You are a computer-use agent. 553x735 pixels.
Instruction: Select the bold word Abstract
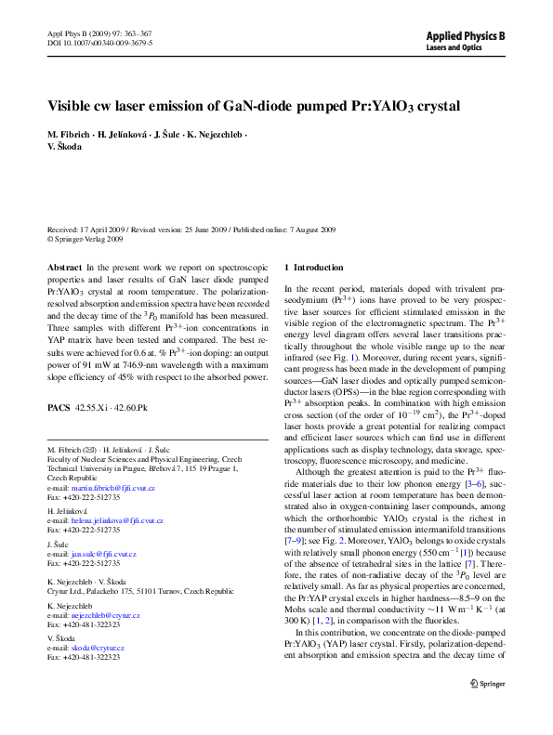click(x=64, y=267)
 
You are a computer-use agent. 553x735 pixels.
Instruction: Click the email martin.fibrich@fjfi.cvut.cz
click(x=115, y=488)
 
